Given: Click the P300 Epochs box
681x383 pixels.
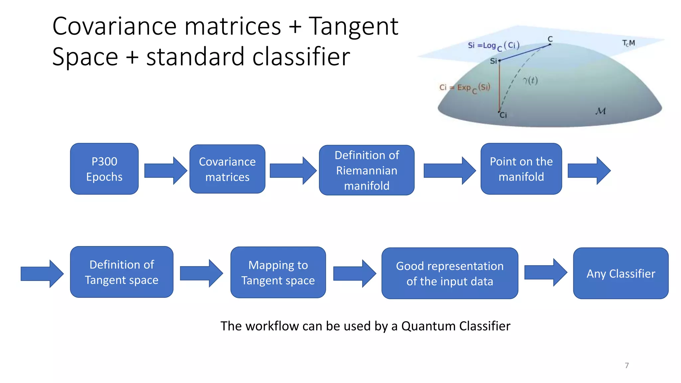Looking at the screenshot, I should pos(104,169).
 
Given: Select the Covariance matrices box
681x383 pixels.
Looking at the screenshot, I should pos(227,169).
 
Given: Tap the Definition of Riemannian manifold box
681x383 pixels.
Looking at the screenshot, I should pos(366,170).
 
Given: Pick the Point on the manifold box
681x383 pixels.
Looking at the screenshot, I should pos(521,169).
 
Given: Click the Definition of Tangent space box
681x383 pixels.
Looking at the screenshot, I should pos(121,272).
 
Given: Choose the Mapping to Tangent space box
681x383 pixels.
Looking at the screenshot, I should pos(278,272).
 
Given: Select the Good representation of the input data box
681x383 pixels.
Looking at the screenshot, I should pos(450,273).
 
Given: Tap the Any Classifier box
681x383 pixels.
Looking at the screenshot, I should pos(620,273).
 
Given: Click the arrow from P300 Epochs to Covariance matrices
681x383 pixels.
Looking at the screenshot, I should pos(165,171).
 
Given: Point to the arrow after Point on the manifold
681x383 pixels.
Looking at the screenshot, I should pos(589,171).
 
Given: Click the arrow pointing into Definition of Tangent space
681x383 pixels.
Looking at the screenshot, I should pos(42,274).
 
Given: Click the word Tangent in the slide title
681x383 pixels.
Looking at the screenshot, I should pos(353,27).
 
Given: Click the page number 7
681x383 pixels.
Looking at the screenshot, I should pos(626,365).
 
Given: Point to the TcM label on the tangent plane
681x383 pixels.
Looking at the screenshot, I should pos(628,43).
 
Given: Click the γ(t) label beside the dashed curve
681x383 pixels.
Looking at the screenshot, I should pos(530,80).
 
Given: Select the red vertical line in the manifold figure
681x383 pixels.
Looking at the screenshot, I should pos(499,86).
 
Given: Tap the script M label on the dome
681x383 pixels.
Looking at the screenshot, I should pos(601,111).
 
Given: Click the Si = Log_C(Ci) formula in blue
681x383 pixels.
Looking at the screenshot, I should pos(493,46).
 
